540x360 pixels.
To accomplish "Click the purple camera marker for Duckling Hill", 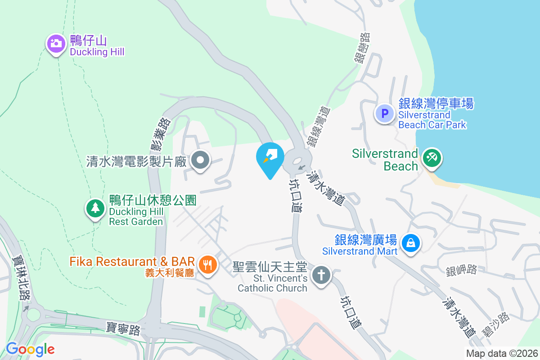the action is pyautogui.click(x=56, y=44).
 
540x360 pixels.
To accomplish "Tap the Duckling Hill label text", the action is pyautogui.click(x=97, y=46).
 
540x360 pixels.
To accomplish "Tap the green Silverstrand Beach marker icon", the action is pyautogui.click(x=432, y=158).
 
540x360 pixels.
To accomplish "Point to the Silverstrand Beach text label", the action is pyautogui.click(x=385, y=160).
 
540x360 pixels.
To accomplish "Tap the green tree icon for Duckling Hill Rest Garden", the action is pyautogui.click(x=95, y=208).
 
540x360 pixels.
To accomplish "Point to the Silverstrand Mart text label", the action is pyautogui.click(x=365, y=244).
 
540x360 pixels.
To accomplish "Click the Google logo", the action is pyautogui.click(x=30, y=349).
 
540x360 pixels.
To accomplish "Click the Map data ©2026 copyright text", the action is pyautogui.click(x=501, y=354).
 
